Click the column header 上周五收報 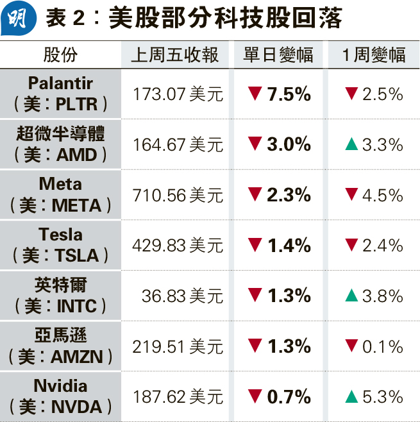tap(174, 55)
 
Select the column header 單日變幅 tap(278, 55)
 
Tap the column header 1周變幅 tap(374, 55)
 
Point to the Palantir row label tap(60, 84)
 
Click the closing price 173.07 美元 tap(178, 94)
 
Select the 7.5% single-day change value tap(289, 94)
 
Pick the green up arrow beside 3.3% tap(351, 144)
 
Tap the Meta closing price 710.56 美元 tap(178, 195)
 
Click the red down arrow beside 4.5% tap(351, 195)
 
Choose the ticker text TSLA tap(77, 256)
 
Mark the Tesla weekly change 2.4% tap(382, 246)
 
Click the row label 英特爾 tap(60, 285)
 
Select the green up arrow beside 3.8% tap(351, 296)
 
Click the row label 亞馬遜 tap(60, 335)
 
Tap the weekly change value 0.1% tap(382, 346)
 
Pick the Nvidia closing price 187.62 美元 tap(178, 396)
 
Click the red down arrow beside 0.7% tap(255, 396)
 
